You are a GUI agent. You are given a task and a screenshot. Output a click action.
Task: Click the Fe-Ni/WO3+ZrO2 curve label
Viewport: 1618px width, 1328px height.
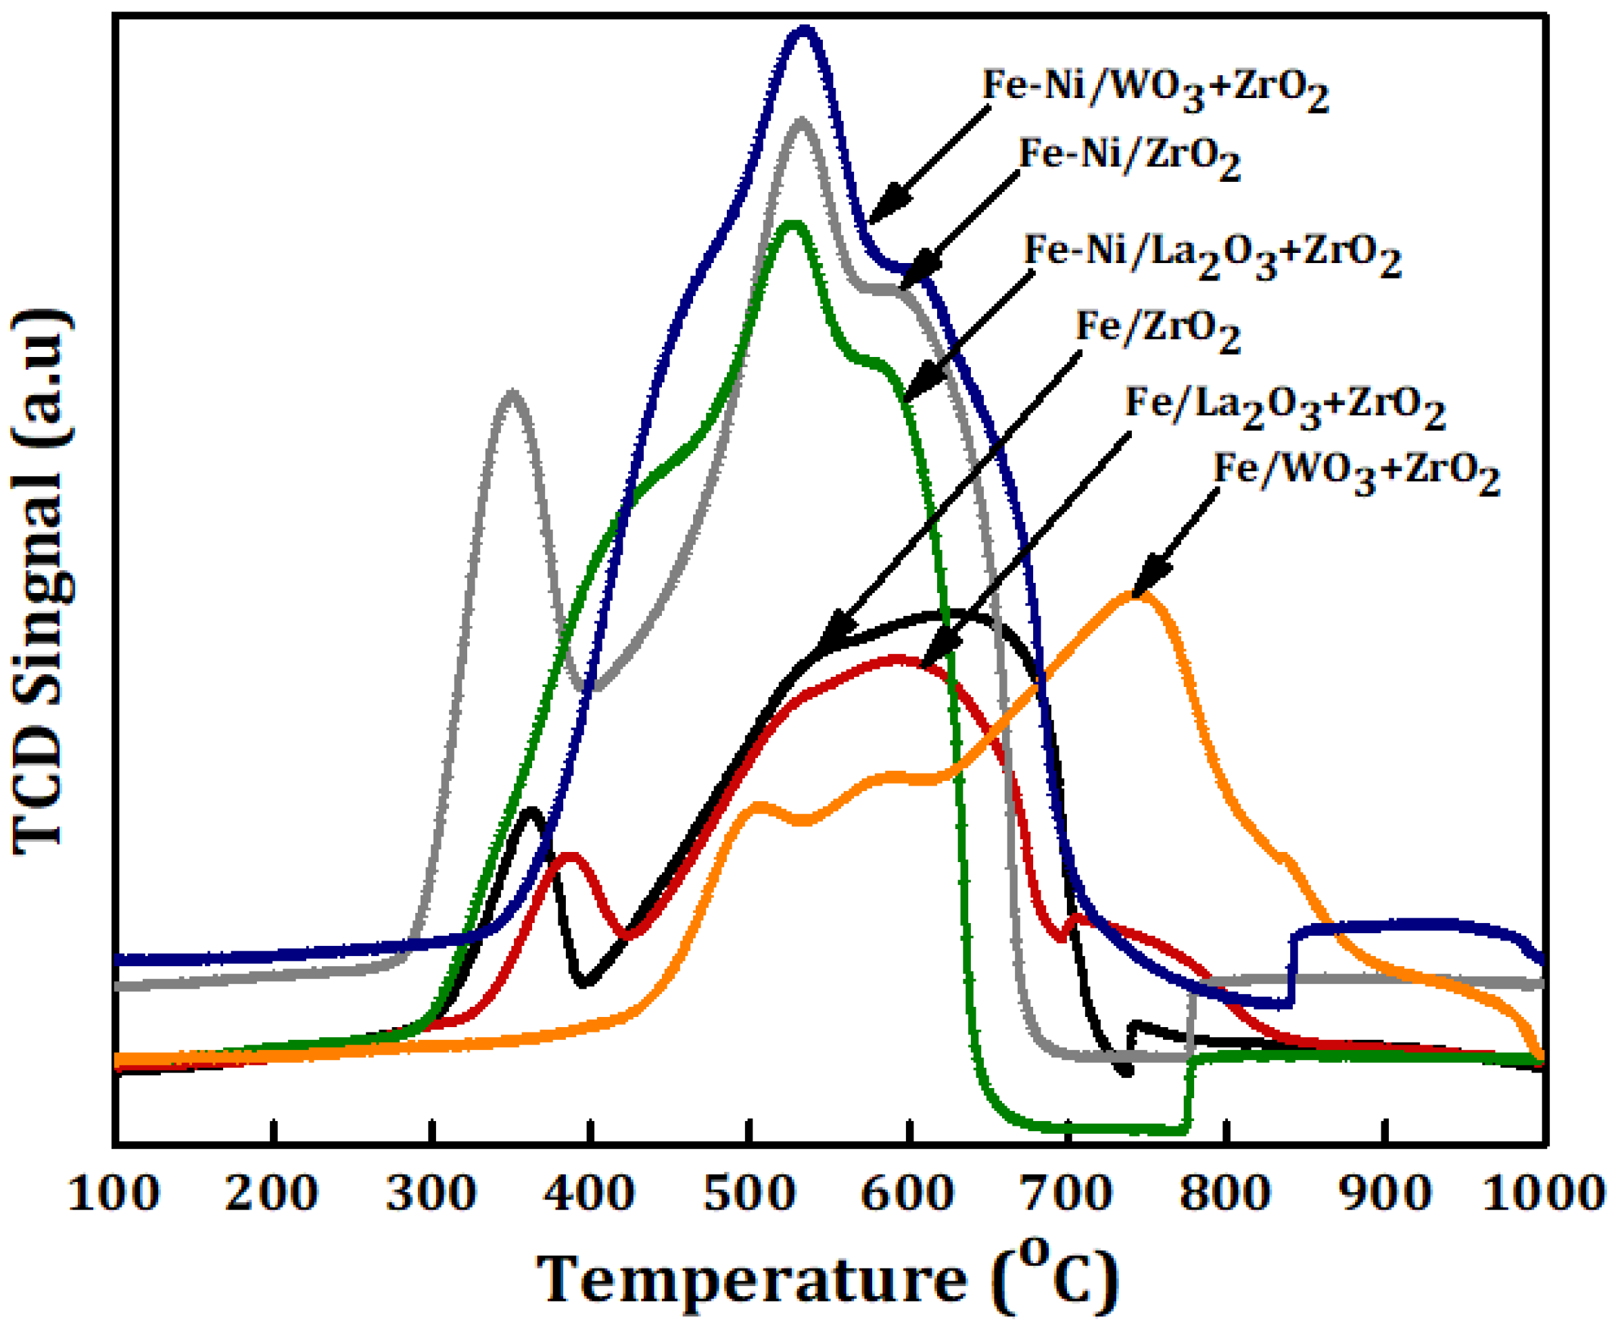[1154, 89]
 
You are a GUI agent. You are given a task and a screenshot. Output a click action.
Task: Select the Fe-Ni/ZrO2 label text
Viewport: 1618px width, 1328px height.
[1129, 158]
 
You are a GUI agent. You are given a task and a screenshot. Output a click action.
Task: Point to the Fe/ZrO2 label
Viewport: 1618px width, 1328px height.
[1158, 330]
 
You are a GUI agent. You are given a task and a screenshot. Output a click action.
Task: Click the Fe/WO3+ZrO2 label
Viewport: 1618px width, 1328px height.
[1356, 473]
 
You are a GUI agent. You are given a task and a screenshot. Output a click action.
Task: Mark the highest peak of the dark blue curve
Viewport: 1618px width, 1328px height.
[803, 30]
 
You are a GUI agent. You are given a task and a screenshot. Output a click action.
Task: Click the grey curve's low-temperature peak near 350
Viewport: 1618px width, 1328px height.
[511, 395]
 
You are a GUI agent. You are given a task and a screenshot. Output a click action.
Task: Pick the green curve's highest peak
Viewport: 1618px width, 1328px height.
[792, 224]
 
